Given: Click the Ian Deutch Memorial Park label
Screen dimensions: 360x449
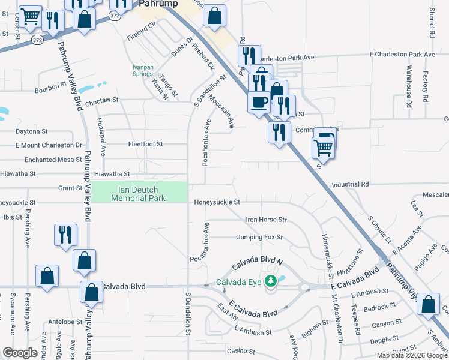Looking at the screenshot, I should [139, 193].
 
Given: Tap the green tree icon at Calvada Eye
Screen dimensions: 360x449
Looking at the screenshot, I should [271, 280].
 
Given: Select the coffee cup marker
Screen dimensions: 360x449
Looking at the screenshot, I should [259, 102].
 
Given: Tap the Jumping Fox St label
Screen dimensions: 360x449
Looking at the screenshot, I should [259, 238].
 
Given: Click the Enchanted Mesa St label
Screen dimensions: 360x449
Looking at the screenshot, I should [53, 160].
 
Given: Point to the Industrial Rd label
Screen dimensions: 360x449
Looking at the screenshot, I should [349, 184].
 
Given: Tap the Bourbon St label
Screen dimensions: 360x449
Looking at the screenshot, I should [50, 87].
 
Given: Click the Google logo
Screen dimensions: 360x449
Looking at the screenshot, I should [20, 353].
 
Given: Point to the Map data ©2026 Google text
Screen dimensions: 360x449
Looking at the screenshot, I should [412, 355].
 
